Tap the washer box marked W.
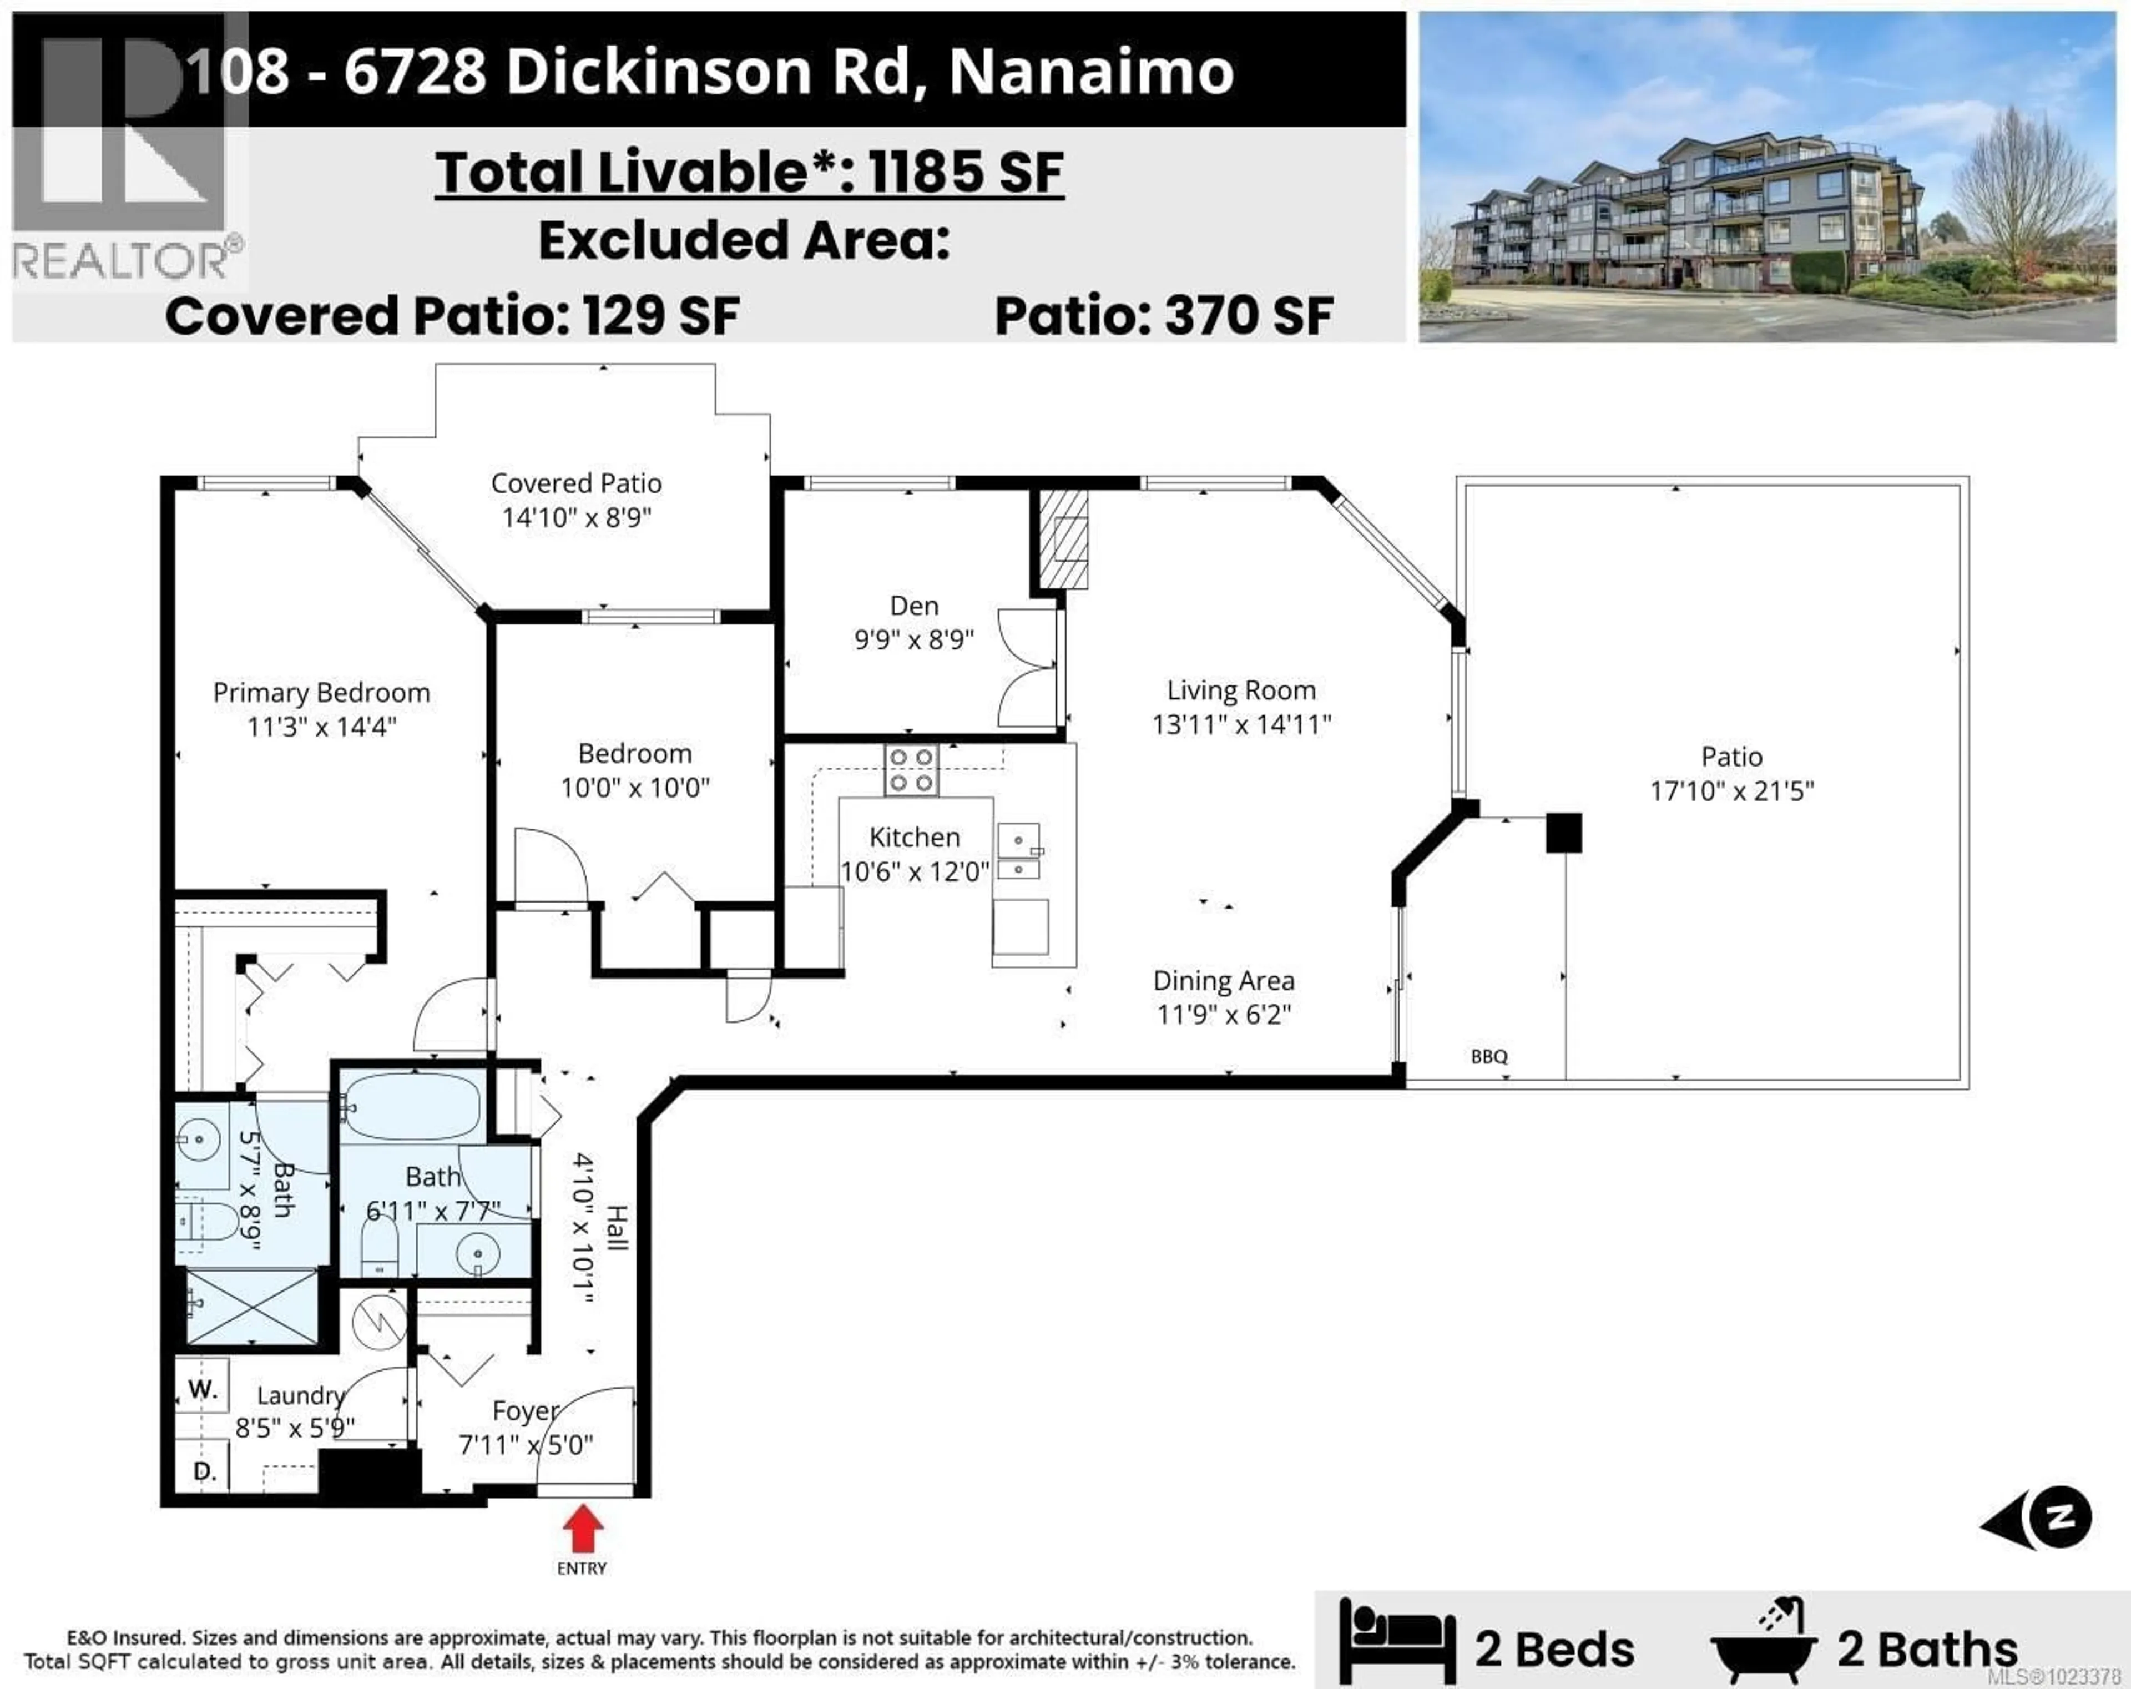coord(203,1389)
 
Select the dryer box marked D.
coord(204,1470)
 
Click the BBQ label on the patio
coord(1488,1056)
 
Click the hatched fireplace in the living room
coord(1063,540)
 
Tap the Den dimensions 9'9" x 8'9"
coord(913,639)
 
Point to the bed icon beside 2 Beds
coord(1397,1641)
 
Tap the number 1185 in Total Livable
coord(926,172)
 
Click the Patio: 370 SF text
coord(1163,316)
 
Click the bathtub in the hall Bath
coord(412,1106)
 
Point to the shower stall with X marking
coord(253,1307)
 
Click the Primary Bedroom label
coord(321,693)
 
